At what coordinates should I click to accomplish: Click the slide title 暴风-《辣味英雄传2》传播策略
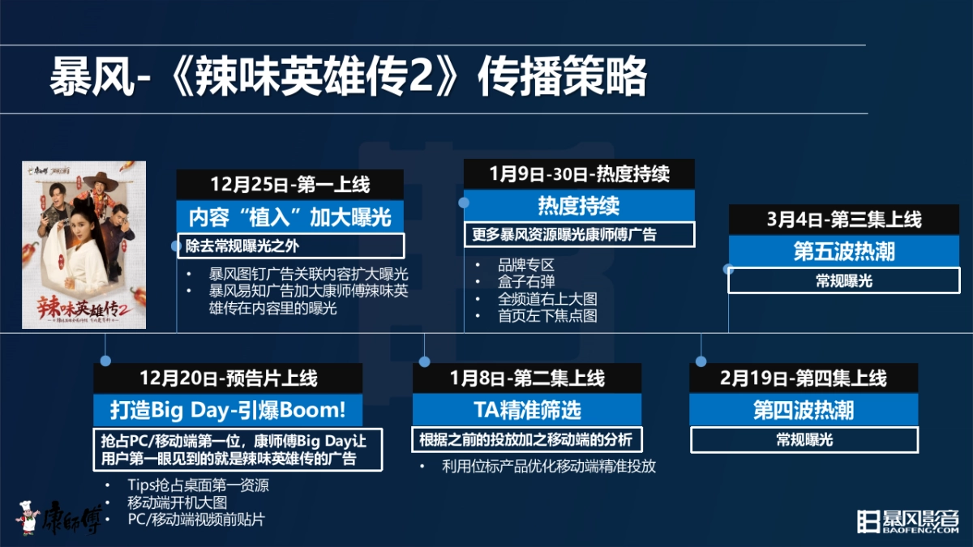click(x=349, y=79)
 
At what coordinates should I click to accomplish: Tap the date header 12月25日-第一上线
click(x=289, y=185)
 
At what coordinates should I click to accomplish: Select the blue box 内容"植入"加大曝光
click(x=289, y=216)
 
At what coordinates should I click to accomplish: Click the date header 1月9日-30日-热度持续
click(x=579, y=174)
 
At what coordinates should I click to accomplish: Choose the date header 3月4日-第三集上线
click(x=844, y=220)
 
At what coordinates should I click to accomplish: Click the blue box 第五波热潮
click(x=844, y=250)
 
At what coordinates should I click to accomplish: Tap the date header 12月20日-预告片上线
click(x=227, y=378)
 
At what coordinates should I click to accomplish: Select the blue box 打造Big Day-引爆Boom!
click(x=227, y=409)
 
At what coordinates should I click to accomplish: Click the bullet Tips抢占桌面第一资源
click(x=198, y=485)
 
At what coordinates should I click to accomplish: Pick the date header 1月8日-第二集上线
click(x=527, y=378)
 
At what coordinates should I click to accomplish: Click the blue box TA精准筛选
click(x=527, y=409)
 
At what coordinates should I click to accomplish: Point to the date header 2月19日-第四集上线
click(x=804, y=378)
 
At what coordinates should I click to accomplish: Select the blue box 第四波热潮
click(x=804, y=409)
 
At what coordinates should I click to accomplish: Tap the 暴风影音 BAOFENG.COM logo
click(x=908, y=520)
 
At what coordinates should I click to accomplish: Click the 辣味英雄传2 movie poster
click(x=84, y=244)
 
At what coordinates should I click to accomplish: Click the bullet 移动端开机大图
click(x=177, y=502)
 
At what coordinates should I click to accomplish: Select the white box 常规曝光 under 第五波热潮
click(x=844, y=281)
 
